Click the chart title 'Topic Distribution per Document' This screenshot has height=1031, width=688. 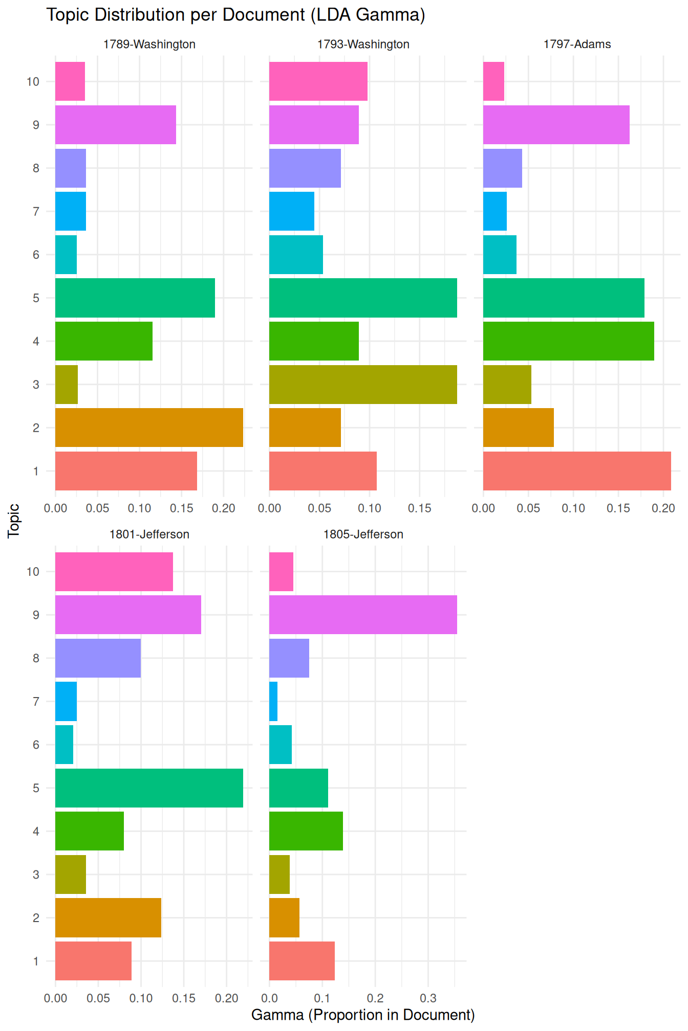(x=235, y=15)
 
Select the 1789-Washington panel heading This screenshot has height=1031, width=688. (x=149, y=44)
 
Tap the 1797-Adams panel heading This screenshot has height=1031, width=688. (x=577, y=44)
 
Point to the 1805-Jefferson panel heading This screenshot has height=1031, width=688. (x=363, y=534)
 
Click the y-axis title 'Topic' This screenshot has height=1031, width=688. (x=14, y=521)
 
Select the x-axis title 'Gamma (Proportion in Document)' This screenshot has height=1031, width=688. (x=363, y=1015)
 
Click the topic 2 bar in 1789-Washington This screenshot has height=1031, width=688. (x=149, y=428)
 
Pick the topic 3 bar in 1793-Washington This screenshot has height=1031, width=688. (x=363, y=385)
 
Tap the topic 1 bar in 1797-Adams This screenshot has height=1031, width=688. (x=577, y=471)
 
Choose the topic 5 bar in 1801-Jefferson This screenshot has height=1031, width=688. (x=149, y=788)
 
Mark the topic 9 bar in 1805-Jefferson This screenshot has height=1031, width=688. (x=363, y=615)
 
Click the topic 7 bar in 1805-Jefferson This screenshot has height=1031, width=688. (x=273, y=701)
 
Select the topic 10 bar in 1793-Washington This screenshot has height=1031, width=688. (x=318, y=81)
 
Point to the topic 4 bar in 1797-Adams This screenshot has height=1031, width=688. (x=568, y=341)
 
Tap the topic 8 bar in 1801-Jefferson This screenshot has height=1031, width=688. (x=98, y=658)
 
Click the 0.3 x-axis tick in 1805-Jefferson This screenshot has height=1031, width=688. (x=428, y=998)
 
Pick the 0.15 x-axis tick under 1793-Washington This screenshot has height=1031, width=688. (x=420, y=508)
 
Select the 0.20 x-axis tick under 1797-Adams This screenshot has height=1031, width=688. (x=663, y=508)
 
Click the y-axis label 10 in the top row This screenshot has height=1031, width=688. (x=33, y=81)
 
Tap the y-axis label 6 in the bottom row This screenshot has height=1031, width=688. (x=36, y=745)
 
